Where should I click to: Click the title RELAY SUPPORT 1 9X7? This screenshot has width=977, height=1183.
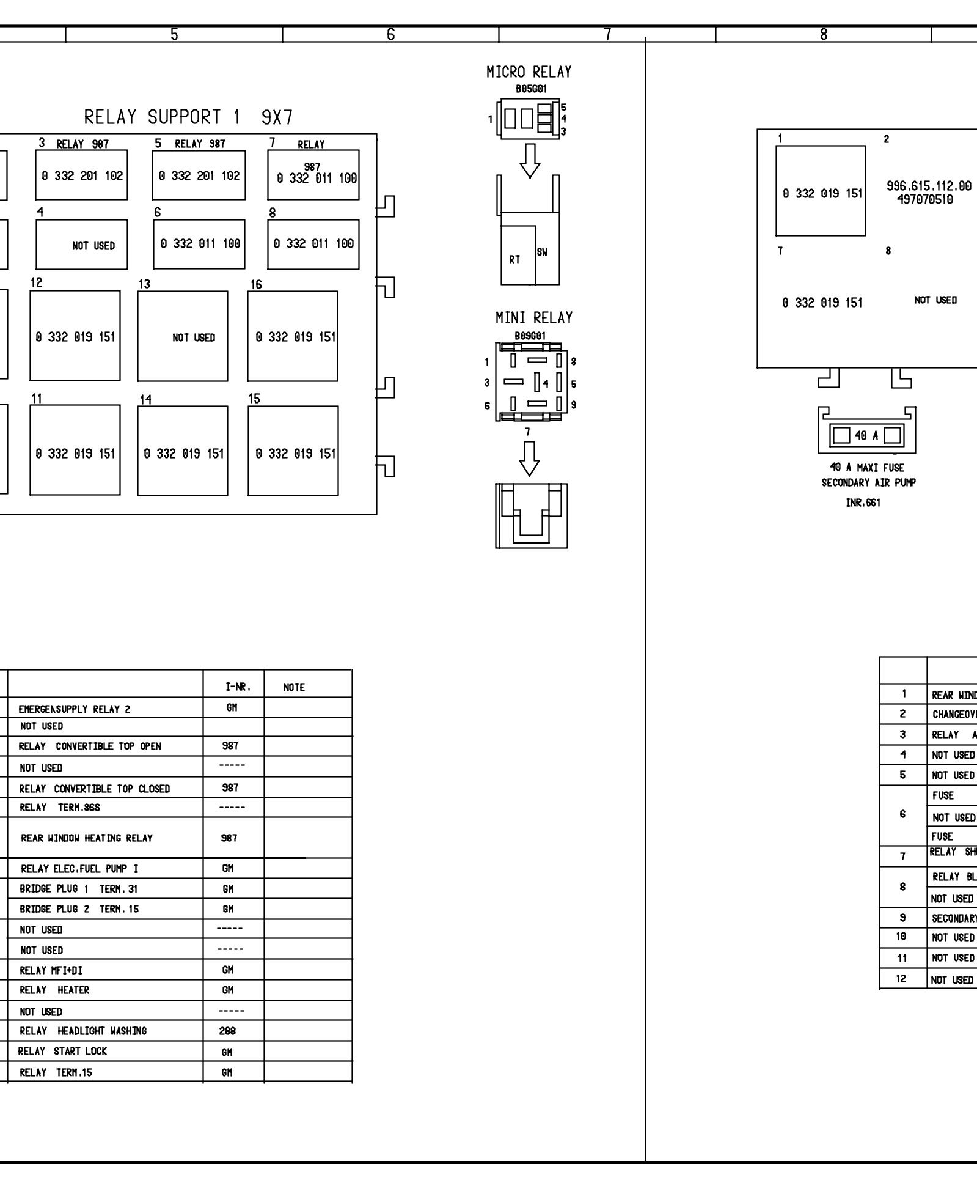coord(188,117)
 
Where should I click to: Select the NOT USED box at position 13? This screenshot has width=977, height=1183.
coord(183,336)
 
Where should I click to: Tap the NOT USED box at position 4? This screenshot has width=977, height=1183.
coord(82,245)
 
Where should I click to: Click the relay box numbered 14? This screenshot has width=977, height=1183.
coord(183,451)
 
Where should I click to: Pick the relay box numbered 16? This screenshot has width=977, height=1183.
coord(293,336)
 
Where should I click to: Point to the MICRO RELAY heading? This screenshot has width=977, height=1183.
coord(529,72)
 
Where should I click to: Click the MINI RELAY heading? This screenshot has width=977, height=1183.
coord(533,318)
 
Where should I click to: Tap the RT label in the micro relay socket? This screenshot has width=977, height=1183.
coord(514,259)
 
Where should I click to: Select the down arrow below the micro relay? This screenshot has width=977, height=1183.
coord(529,161)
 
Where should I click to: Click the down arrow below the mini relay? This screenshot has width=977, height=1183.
coord(529,458)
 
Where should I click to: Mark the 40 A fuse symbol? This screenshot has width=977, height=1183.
coord(866,436)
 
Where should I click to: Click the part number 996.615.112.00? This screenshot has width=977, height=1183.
coord(928,186)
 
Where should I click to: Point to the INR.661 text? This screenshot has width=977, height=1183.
coord(863,503)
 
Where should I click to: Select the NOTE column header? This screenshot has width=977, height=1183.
coord(294,687)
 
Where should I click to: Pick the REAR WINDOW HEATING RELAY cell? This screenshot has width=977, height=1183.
coord(87,838)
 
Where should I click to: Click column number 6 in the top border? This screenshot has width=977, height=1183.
coord(390,35)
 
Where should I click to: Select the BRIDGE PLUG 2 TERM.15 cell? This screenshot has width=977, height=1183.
coord(79,909)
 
